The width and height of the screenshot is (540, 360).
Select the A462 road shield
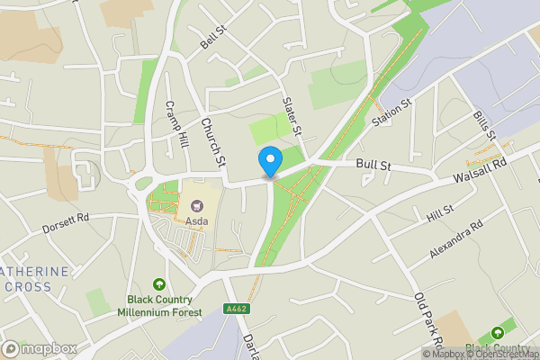(237, 310)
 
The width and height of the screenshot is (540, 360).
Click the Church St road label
(211, 143)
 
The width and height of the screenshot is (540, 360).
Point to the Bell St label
(211, 38)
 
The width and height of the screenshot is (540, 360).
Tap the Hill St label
(440, 212)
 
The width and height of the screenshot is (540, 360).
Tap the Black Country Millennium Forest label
(160, 306)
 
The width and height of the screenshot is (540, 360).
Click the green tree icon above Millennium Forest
(160, 284)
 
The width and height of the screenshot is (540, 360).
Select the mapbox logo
(38, 347)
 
